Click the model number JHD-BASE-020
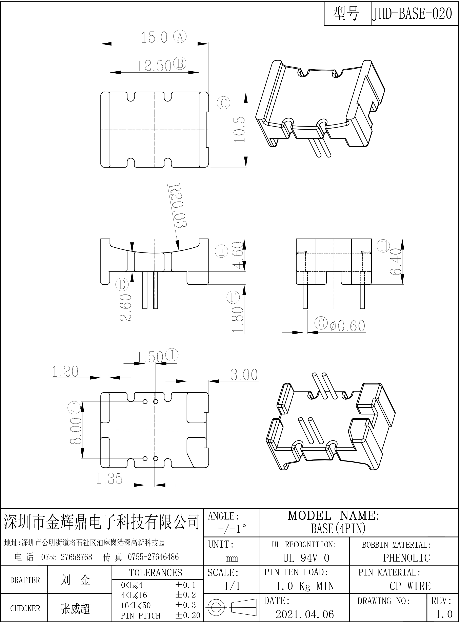pyautogui.click(x=412, y=13)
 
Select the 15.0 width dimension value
pyautogui.click(x=154, y=38)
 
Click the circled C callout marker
pyautogui.click(x=223, y=103)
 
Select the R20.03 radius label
pyautogui.click(x=178, y=205)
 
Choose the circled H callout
pyautogui.click(x=384, y=246)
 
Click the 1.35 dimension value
pyautogui.click(x=109, y=479)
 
